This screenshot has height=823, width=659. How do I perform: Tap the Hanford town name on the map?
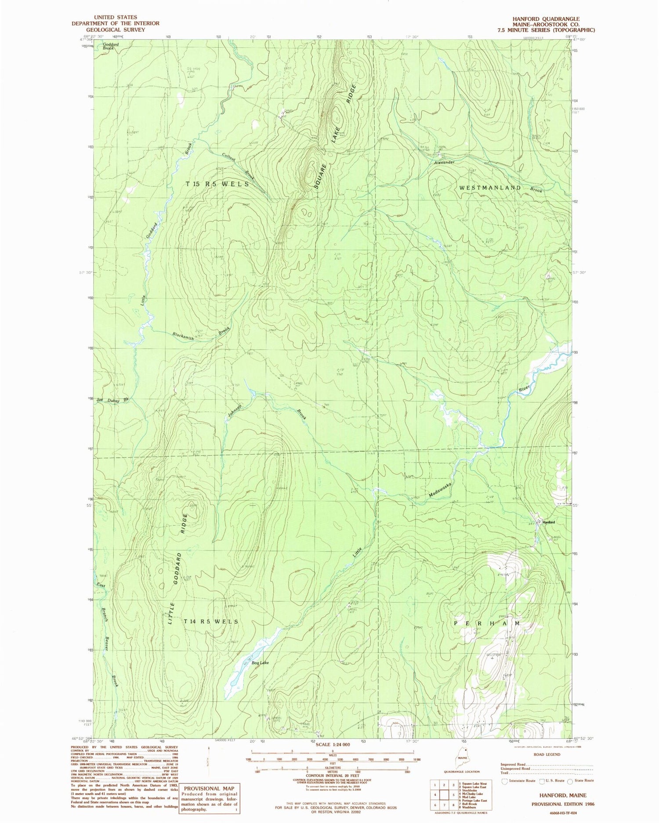tap(548, 522)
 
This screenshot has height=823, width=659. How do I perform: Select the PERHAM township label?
tap(487, 623)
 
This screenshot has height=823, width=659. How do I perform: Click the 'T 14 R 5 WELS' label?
tap(211, 622)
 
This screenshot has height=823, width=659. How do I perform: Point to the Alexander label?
tap(444, 162)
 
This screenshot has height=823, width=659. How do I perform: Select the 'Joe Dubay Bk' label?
tap(113, 400)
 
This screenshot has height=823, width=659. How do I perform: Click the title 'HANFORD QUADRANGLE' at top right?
tap(546, 19)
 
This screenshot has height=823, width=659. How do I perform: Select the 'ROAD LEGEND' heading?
tap(547, 754)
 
